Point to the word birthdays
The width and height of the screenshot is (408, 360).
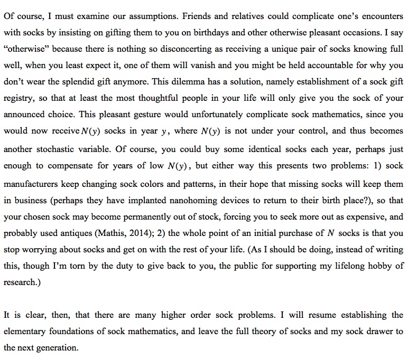[x=235, y=32]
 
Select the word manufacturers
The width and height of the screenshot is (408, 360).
[x=31, y=184]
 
